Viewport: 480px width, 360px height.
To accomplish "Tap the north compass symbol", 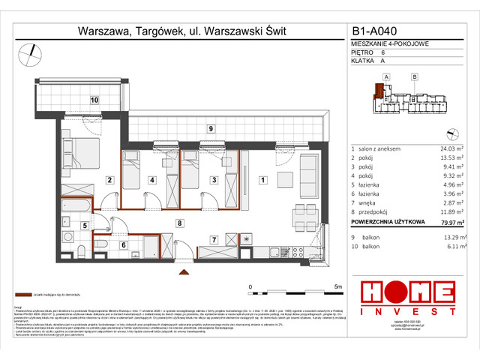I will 30,52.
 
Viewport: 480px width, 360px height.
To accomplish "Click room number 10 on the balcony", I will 94,99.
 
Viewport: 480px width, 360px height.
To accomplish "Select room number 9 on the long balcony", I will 211,129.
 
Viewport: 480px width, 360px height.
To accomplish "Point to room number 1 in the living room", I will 262,179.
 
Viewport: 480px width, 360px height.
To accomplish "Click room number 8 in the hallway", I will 179,223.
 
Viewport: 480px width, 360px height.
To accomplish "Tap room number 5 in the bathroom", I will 85,225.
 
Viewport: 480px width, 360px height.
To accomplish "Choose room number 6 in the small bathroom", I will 124,244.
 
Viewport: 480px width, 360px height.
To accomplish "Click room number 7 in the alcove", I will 214,240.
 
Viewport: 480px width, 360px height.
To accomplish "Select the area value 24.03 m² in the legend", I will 442,149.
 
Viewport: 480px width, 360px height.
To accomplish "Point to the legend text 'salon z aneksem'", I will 380,149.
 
